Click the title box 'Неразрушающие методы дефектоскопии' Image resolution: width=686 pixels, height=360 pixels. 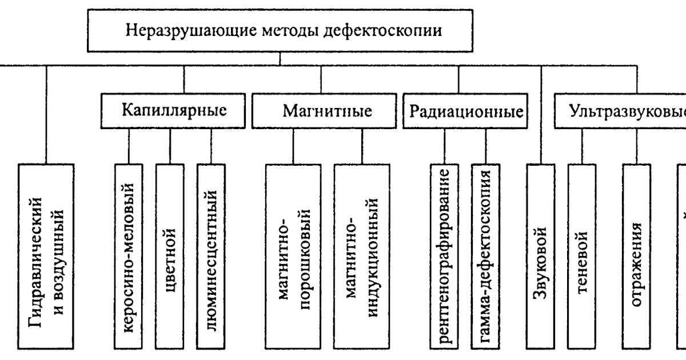[279, 30]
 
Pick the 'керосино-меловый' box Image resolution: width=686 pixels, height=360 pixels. [129, 257]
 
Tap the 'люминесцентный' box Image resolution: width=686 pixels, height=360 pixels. [211, 257]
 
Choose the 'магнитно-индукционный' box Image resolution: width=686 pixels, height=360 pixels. [362, 257]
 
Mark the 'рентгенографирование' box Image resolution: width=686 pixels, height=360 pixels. [445, 257]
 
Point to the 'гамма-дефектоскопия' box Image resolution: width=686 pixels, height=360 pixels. [486, 257]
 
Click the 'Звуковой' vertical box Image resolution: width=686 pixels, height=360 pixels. [541, 257]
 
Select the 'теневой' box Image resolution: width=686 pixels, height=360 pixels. [582, 257]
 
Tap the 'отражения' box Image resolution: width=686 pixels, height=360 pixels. [637, 257]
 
